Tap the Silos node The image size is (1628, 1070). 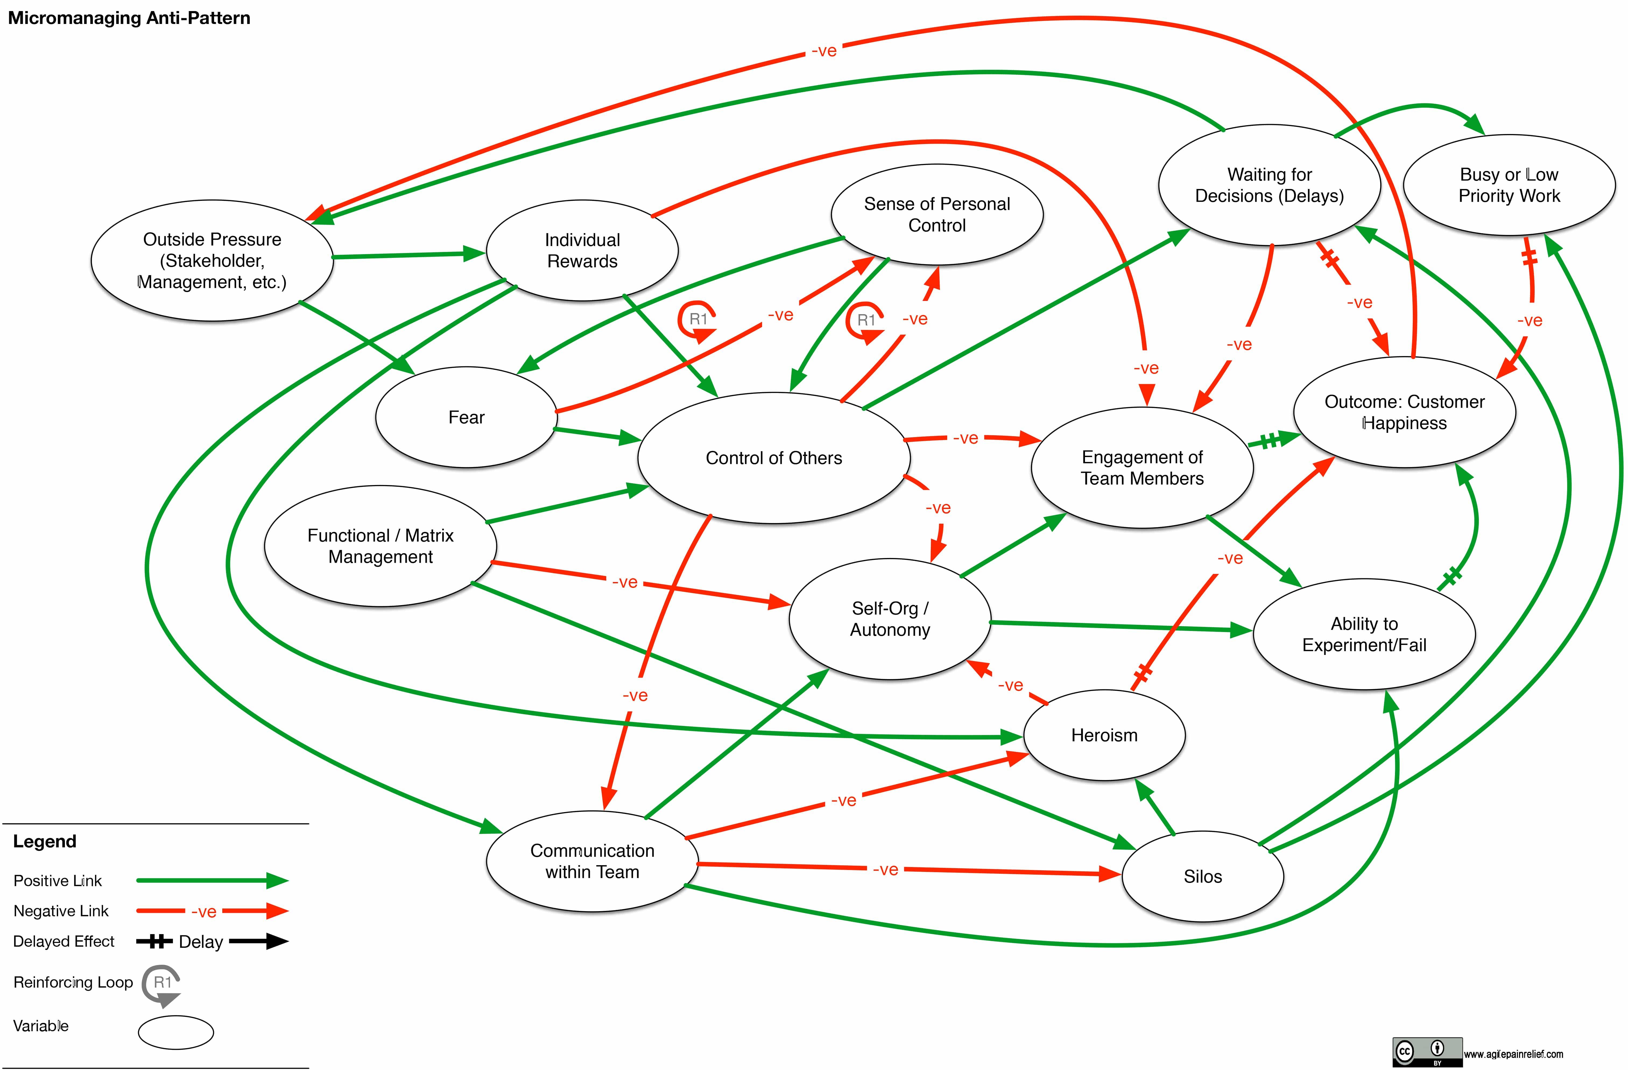click(x=1203, y=876)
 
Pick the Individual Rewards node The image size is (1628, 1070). click(x=582, y=250)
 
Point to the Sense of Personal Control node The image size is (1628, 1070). click(x=936, y=214)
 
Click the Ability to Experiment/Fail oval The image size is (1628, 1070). click(x=1364, y=634)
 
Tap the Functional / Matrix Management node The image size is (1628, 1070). click(x=380, y=546)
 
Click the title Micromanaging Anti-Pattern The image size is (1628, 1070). click(x=129, y=18)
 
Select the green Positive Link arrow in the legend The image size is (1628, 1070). click(x=212, y=880)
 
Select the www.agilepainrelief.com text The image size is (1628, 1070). click(x=1513, y=1054)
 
